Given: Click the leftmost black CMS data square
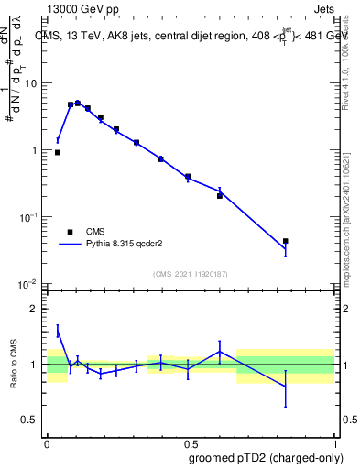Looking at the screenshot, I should point(58,152).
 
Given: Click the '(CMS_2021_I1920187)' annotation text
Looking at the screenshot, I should point(191,273).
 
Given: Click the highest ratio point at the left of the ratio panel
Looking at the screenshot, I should point(58,331).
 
